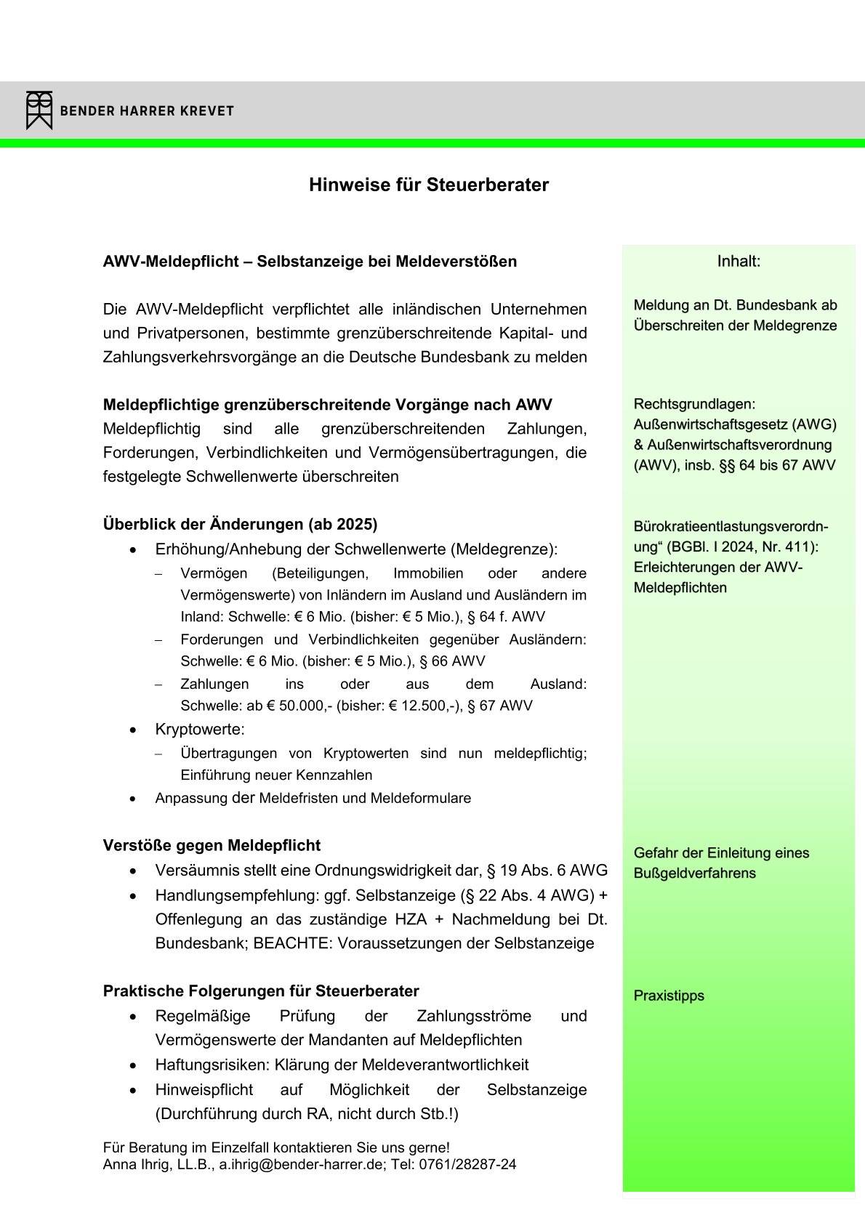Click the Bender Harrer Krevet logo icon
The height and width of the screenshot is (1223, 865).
point(39,110)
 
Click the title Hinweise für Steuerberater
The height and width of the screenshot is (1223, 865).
point(428,185)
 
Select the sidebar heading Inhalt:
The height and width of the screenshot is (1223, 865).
point(739,261)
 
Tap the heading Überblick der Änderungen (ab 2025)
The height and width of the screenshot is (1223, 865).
point(240,524)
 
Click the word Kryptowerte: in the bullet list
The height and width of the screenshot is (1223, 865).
point(200,729)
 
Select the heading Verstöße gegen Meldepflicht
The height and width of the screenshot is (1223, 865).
point(212,845)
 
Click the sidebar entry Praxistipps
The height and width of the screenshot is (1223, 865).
point(669,996)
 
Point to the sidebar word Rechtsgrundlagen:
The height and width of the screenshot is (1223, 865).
point(694,404)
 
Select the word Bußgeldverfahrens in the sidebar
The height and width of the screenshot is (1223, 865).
point(694,873)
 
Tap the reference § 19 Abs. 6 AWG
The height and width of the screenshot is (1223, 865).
point(547,870)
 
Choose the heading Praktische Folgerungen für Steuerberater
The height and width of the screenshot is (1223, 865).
point(261,991)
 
